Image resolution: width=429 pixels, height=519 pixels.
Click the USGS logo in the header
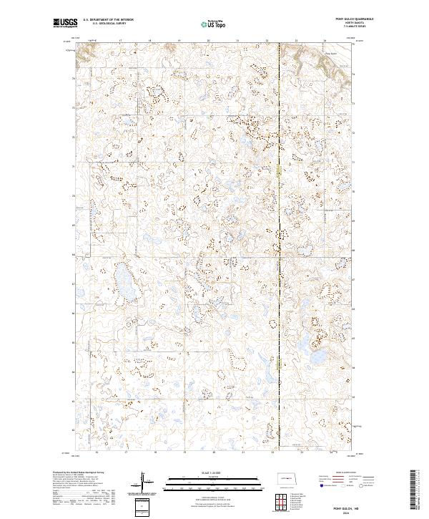tap(65, 23)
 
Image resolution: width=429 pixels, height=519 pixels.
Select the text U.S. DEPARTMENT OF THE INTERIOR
tap(108, 20)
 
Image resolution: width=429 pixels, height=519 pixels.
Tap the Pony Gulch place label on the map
tap(330, 52)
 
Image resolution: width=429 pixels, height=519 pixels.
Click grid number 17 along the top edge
tap(121, 41)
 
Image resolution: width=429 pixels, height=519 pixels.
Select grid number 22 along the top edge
tap(267, 41)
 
